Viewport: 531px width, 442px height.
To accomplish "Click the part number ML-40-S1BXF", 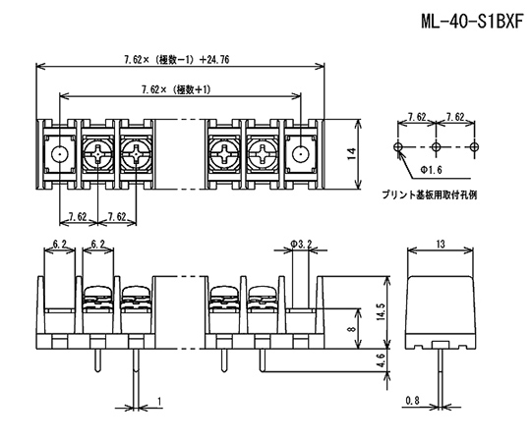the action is (x=472, y=22).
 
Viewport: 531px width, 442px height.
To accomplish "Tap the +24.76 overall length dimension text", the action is (x=214, y=60).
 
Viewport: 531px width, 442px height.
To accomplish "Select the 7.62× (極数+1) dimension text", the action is (x=176, y=90).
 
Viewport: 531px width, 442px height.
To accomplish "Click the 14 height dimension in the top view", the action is (x=352, y=154).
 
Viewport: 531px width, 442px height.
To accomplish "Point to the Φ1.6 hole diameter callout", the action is (x=432, y=169).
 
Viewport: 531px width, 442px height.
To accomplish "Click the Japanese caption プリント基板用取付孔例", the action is (x=430, y=195).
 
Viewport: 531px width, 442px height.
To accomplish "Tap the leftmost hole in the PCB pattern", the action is (x=398, y=146).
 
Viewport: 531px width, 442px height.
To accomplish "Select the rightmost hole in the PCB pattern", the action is (x=474, y=146).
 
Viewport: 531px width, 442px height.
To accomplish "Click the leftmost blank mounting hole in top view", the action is (x=60, y=154).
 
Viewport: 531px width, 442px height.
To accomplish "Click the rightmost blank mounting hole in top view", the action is (x=300, y=154).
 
